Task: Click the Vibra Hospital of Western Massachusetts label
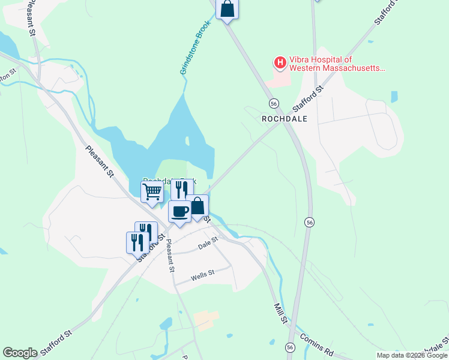coord(336,64)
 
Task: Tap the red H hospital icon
coord(280,61)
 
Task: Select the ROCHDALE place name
coord(285,119)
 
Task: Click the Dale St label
coord(206,247)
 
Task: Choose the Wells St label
coord(202,277)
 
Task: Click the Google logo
coord(20,353)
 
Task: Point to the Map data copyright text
coord(412,355)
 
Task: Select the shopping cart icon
coord(152,192)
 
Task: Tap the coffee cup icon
coord(179,211)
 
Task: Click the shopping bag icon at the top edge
coord(227,8)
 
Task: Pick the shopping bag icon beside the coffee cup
coord(197,206)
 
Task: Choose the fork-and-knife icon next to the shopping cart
coord(181,189)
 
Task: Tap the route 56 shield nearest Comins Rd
coord(291,347)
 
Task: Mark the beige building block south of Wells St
coord(206,320)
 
